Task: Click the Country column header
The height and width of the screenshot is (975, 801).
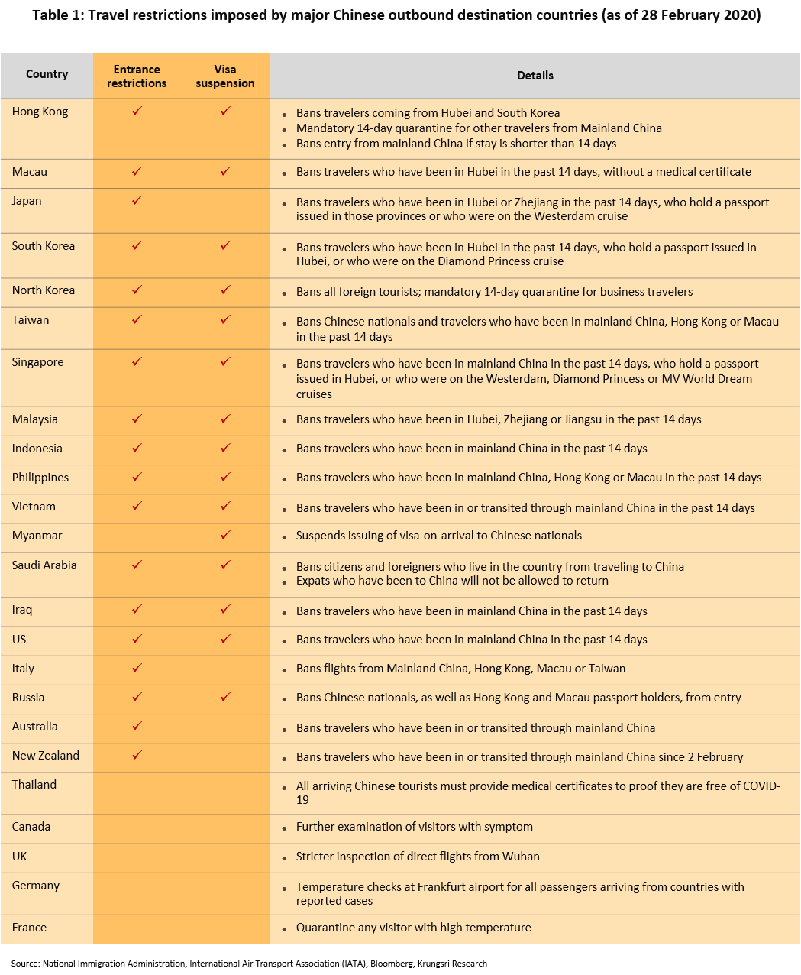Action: pos(47,74)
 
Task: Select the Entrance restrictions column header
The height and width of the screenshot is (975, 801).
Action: pos(137,76)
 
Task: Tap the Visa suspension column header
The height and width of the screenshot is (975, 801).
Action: pos(225,76)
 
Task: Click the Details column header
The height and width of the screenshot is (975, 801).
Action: pos(535,76)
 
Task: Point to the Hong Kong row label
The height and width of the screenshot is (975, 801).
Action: pos(40,112)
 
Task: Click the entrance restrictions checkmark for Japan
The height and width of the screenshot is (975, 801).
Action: pos(137,201)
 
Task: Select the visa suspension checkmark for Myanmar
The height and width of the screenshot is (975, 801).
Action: pos(225,536)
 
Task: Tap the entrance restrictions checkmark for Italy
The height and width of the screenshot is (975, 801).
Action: pos(137,669)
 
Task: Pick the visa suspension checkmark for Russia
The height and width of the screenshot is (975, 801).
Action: pos(225,698)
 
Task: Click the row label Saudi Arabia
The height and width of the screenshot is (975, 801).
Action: pos(44,565)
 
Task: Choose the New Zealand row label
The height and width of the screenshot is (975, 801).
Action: pos(46,756)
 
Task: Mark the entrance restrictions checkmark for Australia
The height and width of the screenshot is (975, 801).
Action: pos(137,727)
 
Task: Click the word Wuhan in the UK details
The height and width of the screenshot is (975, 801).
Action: pos(521,857)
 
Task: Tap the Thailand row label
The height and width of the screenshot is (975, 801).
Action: pos(34,785)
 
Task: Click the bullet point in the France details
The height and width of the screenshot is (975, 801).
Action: pos(284,929)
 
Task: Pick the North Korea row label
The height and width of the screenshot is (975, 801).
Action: pos(44,290)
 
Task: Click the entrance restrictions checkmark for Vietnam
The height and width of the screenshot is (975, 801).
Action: pos(137,507)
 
